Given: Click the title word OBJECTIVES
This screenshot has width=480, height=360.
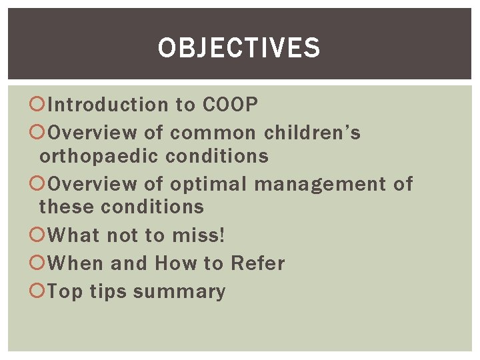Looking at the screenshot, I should pos(239,48).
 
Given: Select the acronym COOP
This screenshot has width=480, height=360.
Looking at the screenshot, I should pos(230,105).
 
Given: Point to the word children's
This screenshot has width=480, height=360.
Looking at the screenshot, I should pos(312,133).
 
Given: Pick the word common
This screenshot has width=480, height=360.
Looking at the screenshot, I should pos(213,133).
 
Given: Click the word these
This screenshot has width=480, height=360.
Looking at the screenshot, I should pos(67,207).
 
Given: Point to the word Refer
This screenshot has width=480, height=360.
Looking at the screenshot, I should pos(257,263).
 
